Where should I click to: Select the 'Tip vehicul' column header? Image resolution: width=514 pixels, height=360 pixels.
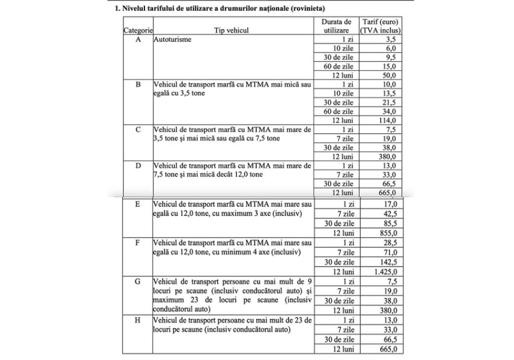(231, 30)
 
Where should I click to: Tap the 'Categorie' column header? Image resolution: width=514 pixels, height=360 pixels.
(138, 30)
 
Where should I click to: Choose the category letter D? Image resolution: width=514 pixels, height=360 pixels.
(138, 165)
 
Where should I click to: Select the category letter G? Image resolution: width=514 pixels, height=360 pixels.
(138, 282)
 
